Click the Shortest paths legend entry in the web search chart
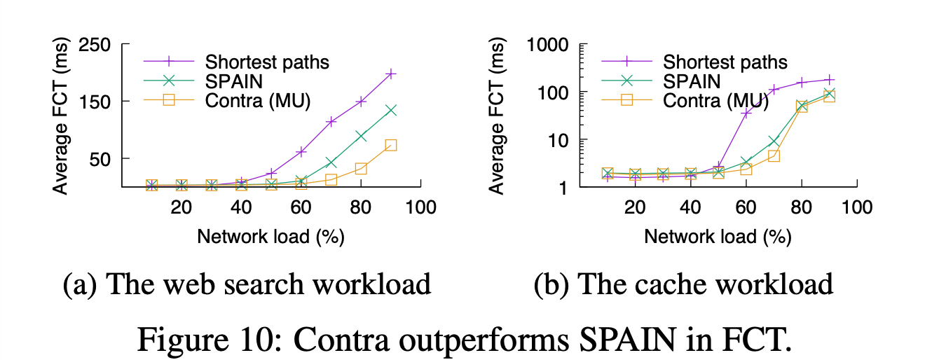[x=267, y=61]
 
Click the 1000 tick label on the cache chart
[x=549, y=45]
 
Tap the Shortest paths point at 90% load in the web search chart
[x=391, y=74]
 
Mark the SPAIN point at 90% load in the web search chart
[x=391, y=110]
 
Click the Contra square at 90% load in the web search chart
[x=391, y=145]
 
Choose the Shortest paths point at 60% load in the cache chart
[x=746, y=113]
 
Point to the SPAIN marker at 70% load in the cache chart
[x=774, y=141]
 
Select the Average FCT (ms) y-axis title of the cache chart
[x=498, y=116]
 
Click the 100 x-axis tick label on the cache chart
[x=856, y=207]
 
